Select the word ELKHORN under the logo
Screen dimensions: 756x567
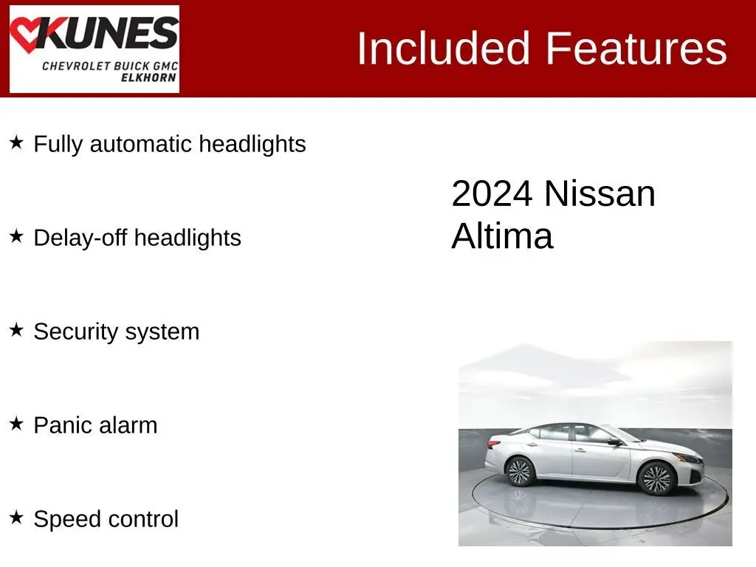point(148,78)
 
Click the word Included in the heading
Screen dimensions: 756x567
point(443,48)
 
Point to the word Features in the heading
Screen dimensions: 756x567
point(636,48)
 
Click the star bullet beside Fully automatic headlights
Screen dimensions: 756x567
point(16,142)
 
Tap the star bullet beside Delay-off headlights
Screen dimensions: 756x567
point(16,236)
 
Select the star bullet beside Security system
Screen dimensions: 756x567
point(16,330)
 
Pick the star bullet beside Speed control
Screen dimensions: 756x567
point(16,518)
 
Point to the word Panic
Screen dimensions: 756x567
point(63,425)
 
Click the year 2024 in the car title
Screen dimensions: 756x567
point(492,194)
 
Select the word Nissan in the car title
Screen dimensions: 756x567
point(599,194)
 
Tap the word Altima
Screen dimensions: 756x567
point(502,236)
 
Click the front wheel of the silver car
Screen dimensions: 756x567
point(656,478)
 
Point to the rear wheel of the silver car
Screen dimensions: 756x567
point(519,471)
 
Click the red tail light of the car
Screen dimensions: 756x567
point(493,443)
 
